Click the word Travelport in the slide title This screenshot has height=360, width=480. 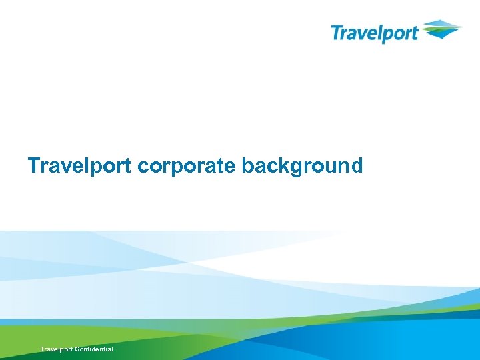click(80, 165)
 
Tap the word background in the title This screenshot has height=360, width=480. click(302, 165)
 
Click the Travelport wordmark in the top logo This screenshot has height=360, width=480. click(375, 33)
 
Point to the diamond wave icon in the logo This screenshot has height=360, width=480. click(440, 29)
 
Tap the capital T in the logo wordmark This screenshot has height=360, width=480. click(337, 31)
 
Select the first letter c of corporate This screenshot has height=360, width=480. click(142, 167)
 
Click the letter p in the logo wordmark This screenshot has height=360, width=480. click(385, 35)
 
